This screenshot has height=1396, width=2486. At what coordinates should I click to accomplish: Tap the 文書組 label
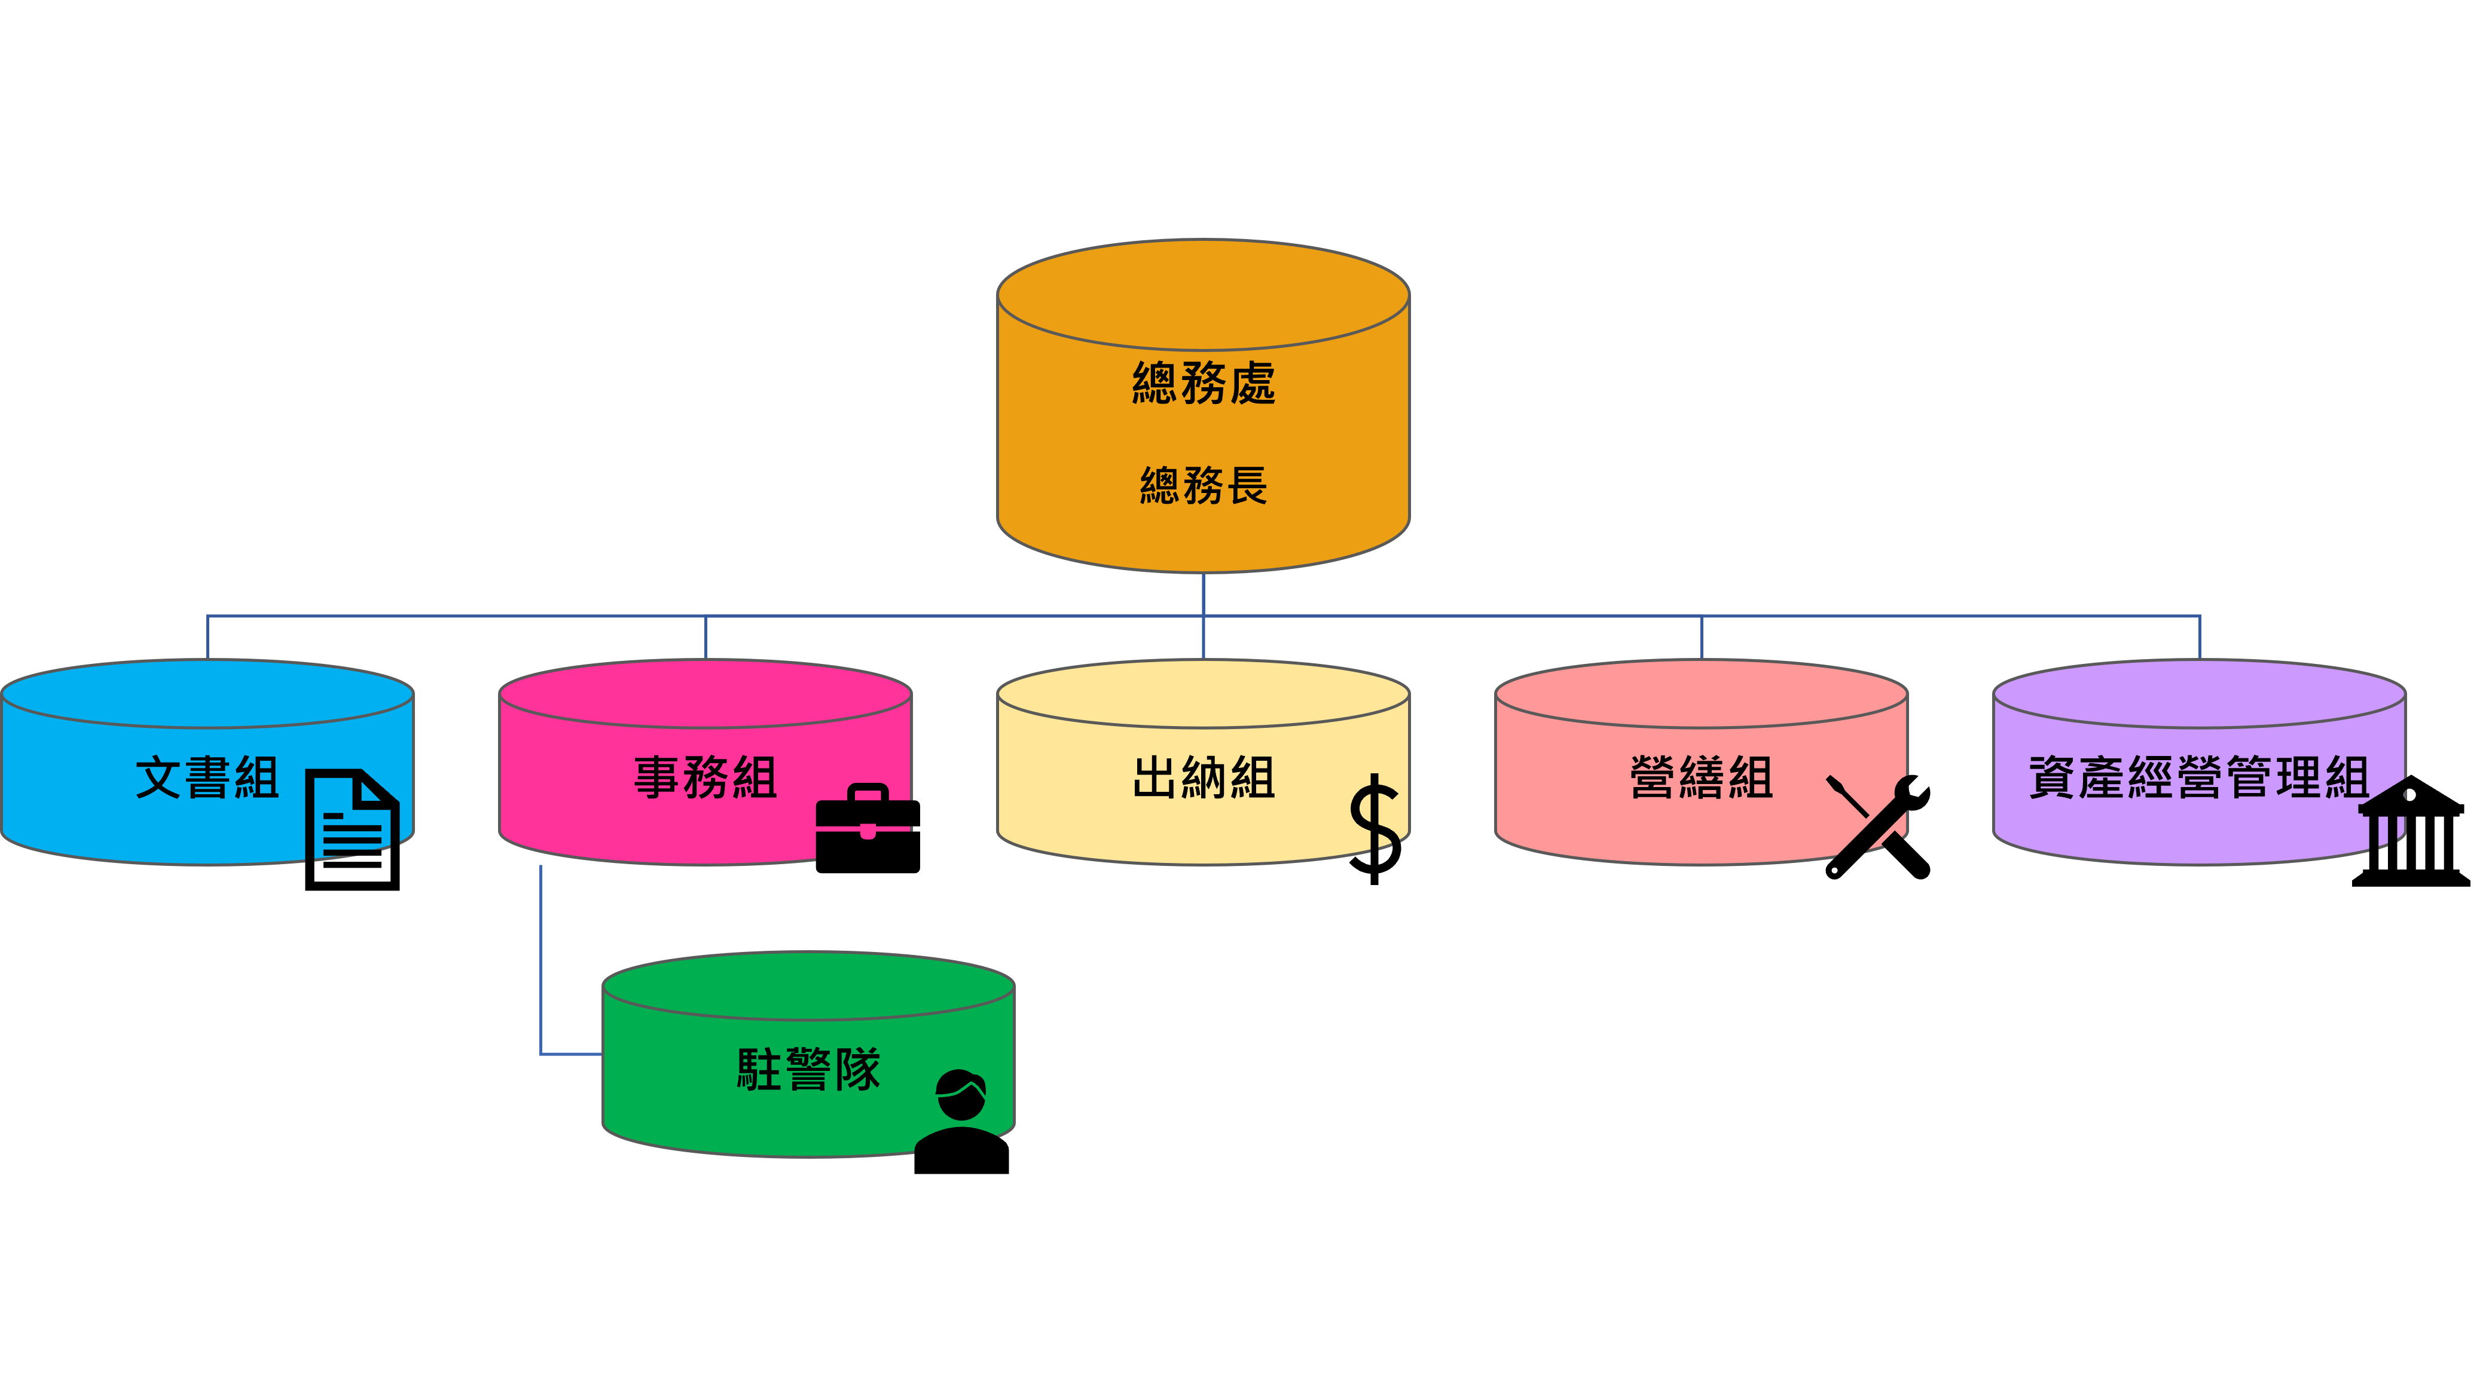click(x=207, y=777)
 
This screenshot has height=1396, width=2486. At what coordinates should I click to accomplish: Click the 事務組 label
click(x=706, y=777)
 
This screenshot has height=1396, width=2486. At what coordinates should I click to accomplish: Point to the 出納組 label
click(x=1204, y=777)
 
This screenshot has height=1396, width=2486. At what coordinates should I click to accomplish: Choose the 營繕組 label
click(x=1702, y=777)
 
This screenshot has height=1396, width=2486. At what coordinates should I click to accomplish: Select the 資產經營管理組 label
click(x=2198, y=777)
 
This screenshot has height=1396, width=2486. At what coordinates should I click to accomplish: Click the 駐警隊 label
click(x=809, y=1070)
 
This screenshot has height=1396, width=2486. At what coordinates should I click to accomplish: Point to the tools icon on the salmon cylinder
click(x=1871, y=815)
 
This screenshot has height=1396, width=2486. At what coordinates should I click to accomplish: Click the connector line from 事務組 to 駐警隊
click(x=540, y=965)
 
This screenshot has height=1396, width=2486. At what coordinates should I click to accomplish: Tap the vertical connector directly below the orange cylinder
click(x=1204, y=593)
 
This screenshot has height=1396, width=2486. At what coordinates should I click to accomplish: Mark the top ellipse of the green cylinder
click(x=809, y=985)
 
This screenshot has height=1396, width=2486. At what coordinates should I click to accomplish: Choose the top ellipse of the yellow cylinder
click(x=1204, y=693)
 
